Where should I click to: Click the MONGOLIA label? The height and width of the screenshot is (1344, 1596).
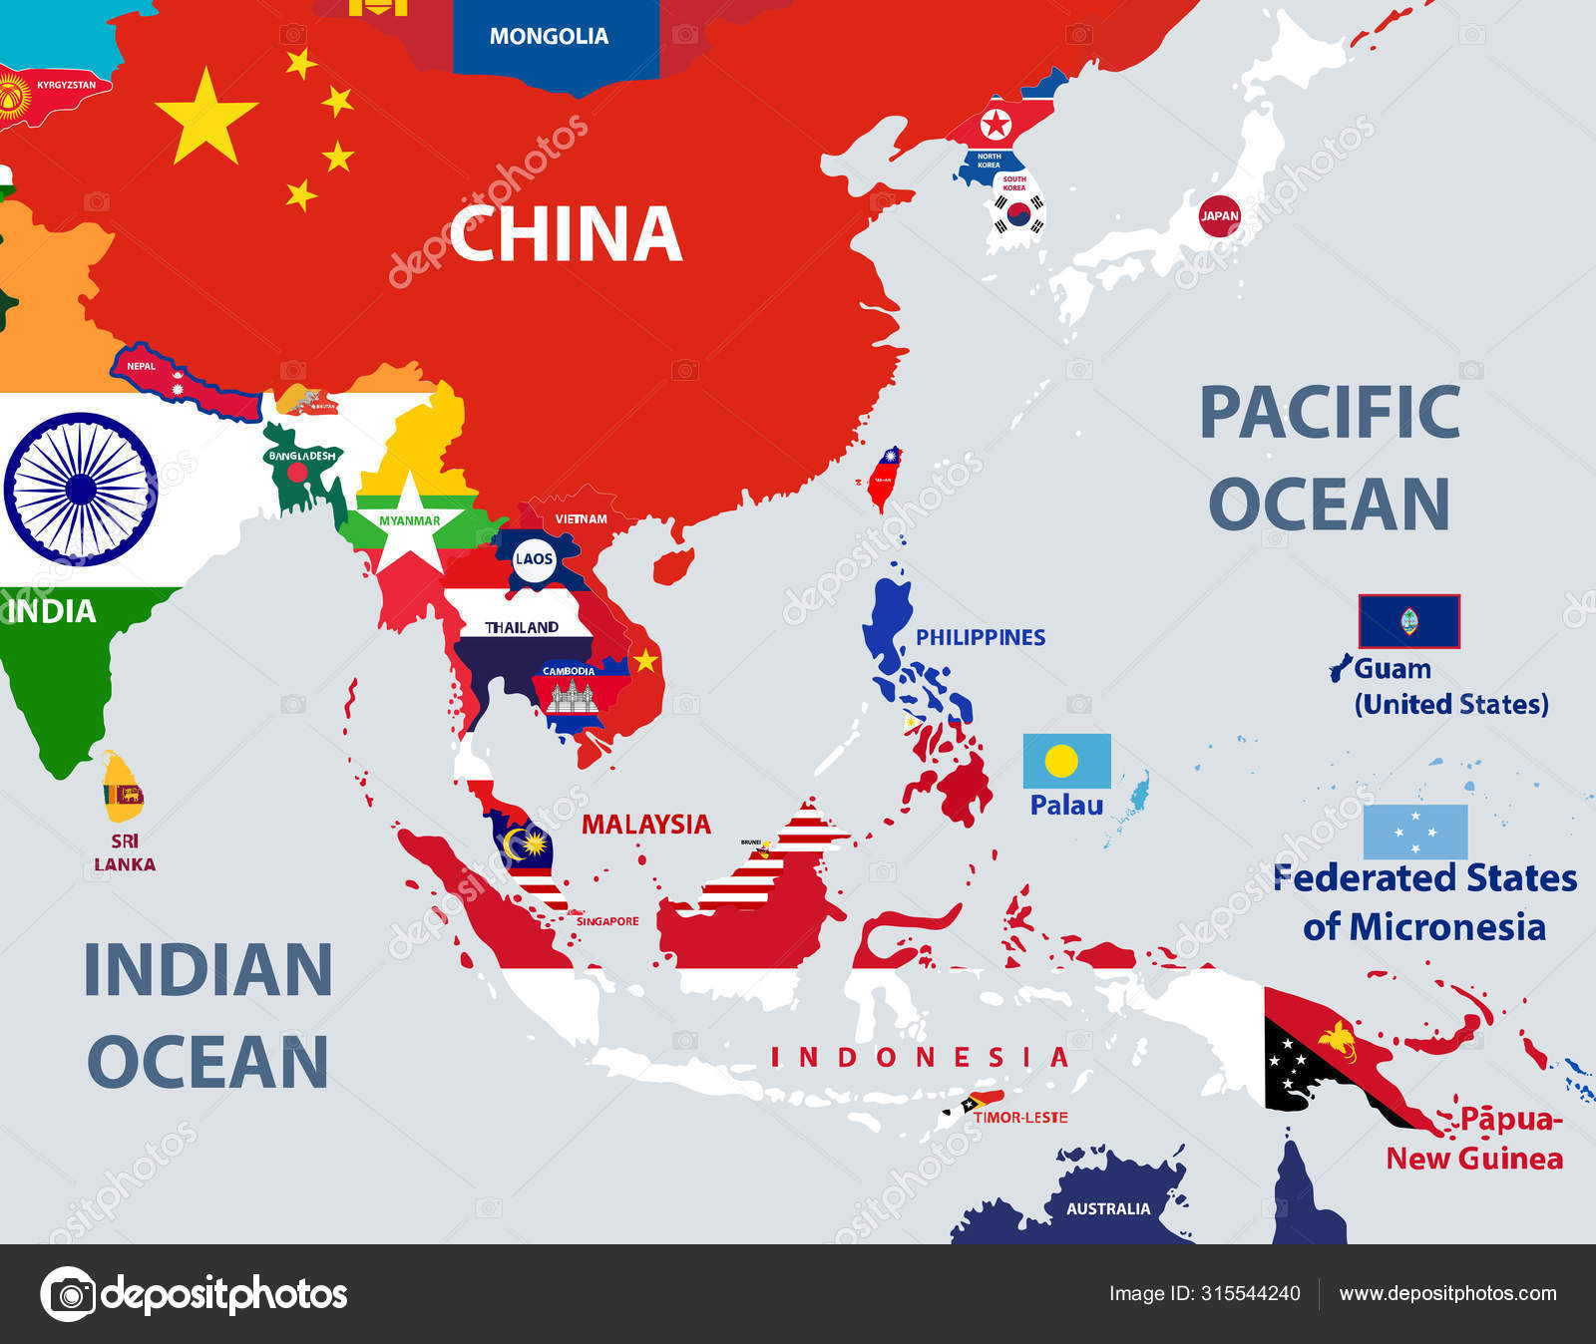pos(549,36)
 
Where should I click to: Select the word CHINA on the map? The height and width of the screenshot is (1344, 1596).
pos(566,234)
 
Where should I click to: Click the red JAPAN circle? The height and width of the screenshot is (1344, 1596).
pos(1219,215)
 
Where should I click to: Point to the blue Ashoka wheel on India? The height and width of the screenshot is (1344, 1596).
pos(80,489)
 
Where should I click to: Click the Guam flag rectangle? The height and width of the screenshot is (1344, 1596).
pos(1408,621)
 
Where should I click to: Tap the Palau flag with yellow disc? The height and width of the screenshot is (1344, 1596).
pos(1066,762)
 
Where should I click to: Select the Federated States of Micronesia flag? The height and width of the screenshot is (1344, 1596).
pos(1414,832)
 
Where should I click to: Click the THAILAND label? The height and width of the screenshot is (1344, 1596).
pos(522,628)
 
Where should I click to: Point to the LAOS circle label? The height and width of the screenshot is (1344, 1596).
pos(534,558)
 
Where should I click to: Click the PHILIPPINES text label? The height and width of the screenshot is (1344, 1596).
pos(981,638)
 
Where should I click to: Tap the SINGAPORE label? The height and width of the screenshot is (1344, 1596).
pos(607,921)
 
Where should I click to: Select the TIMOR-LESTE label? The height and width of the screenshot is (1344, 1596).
pos(1020,1118)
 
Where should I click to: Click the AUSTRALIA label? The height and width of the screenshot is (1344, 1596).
pos(1108,1208)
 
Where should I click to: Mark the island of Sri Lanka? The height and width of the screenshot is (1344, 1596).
pos(122,788)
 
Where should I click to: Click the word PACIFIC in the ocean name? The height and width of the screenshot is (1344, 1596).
pos(1330,412)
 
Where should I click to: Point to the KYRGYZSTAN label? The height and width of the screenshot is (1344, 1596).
pos(67,85)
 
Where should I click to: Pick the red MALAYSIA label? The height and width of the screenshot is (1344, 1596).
pos(646,825)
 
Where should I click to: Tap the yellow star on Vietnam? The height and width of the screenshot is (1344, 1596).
pos(645,660)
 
